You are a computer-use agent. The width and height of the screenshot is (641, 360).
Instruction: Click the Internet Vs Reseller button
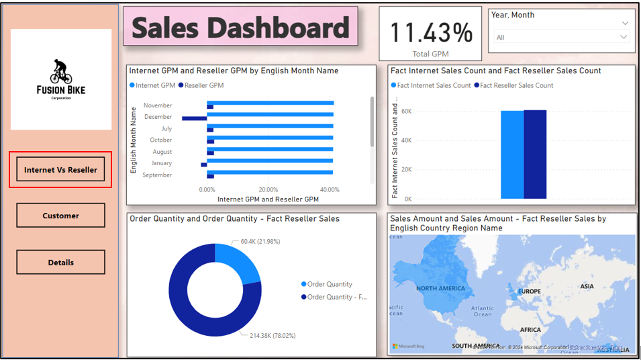coord(60,170)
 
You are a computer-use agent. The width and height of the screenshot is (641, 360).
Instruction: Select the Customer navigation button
coord(60,216)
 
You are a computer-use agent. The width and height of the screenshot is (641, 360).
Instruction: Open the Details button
coord(60,263)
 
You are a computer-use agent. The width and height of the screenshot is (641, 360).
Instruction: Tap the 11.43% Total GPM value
coord(430,32)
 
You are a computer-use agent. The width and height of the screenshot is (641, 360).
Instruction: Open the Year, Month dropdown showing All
coord(562,38)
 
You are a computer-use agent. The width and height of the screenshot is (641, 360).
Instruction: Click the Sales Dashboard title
coord(240,28)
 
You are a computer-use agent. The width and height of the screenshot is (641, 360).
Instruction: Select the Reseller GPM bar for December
coord(195,118)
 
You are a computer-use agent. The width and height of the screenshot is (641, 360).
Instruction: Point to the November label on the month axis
coord(158,105)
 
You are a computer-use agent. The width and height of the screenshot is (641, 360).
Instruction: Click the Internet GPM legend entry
coord(154,85)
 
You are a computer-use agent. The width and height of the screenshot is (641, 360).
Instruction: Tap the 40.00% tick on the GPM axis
coord(329,190)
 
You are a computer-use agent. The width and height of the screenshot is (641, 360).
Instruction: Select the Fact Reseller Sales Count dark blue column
coord(535,154)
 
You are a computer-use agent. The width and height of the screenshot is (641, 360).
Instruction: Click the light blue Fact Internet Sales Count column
coord(512,154)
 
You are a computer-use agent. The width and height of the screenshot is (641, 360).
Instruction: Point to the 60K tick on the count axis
coord(406,111)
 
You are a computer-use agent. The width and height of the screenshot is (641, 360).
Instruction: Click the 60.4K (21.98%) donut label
coord(260,241)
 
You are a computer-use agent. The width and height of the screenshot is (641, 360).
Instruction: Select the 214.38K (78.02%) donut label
coord(273,335)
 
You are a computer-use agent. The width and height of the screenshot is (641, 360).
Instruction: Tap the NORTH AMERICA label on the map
coord(440,288)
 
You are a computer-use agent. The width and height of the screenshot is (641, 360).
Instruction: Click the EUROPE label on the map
coord(530,291)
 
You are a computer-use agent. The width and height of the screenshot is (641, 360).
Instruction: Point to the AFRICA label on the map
coord(530,330)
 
